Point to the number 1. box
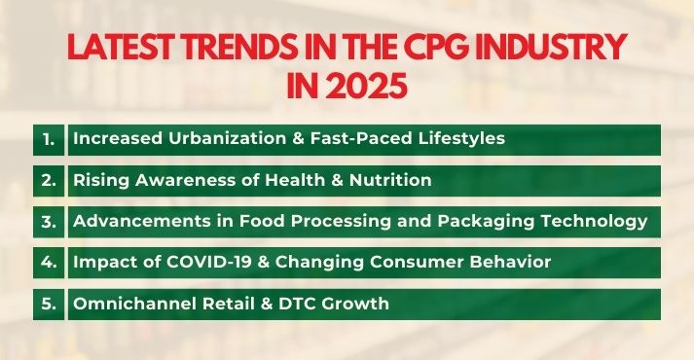50,138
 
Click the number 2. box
50,180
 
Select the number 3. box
50,221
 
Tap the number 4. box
50,262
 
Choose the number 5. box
50,304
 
